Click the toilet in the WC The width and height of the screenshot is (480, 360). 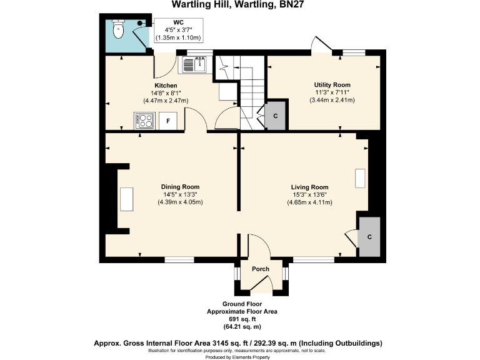[x=118, y=29]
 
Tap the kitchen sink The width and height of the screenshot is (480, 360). [x=195, y=64]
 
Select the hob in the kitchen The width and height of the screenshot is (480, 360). [x=145, y=120]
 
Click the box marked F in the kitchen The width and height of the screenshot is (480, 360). [x=167, y=121]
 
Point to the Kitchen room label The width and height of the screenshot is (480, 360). [x=166, y=86]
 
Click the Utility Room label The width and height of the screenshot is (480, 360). [x=332, y=84]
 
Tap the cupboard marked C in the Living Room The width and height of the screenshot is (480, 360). [x=369, y=237]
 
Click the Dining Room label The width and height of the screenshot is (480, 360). [x=180, y=187]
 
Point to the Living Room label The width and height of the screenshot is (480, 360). [x=309, y=187]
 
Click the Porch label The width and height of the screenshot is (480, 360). [x=260, y=269]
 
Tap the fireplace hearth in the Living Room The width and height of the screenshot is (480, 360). [x=359, y=178]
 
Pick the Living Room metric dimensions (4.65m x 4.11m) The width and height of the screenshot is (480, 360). [x=309, y=202]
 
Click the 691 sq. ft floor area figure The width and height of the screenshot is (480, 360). [x=242, y=319]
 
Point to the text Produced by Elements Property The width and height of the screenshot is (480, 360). [x=242, y=357]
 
